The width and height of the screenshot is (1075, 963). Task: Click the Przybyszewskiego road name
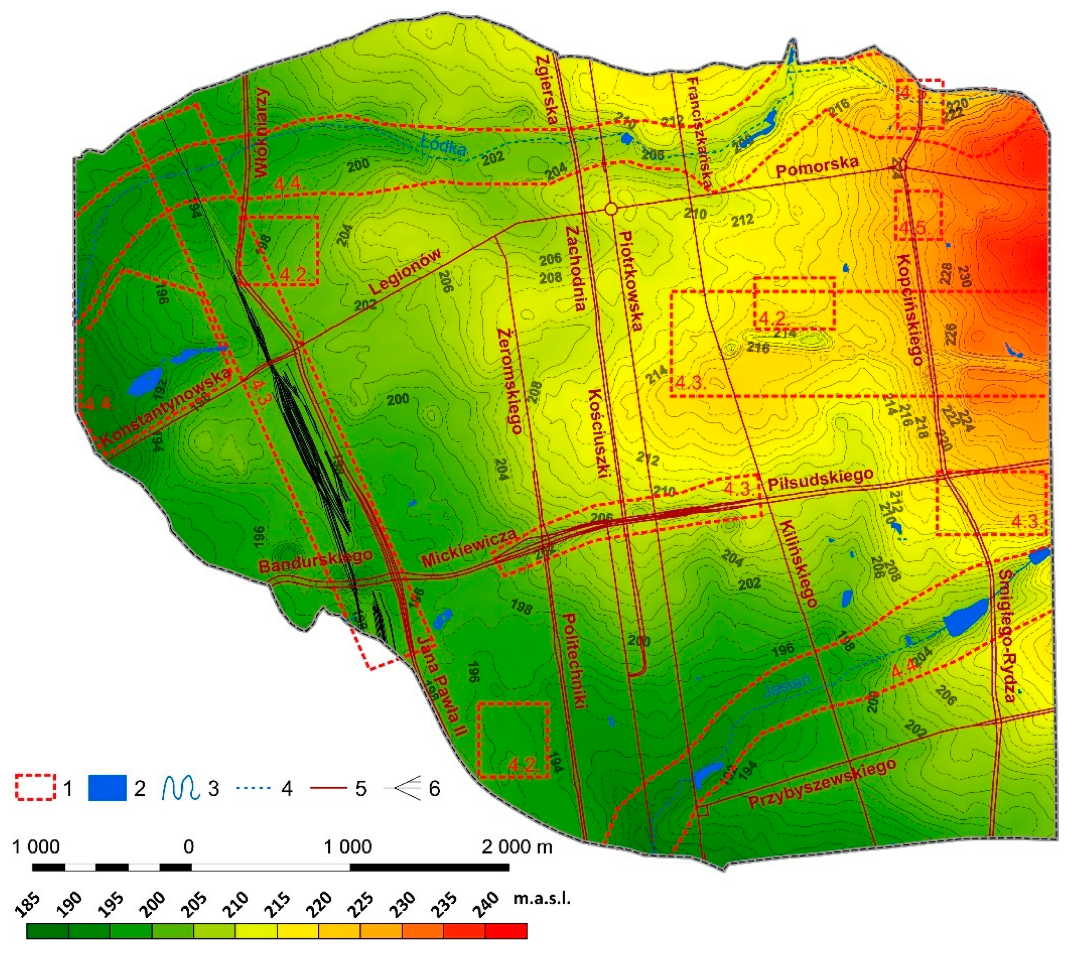click(x=822, y=784)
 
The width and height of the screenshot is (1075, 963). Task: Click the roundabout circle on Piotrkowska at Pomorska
click(x=611, y=209)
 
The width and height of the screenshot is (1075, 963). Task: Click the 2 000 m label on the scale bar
click(x=516, y=847)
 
